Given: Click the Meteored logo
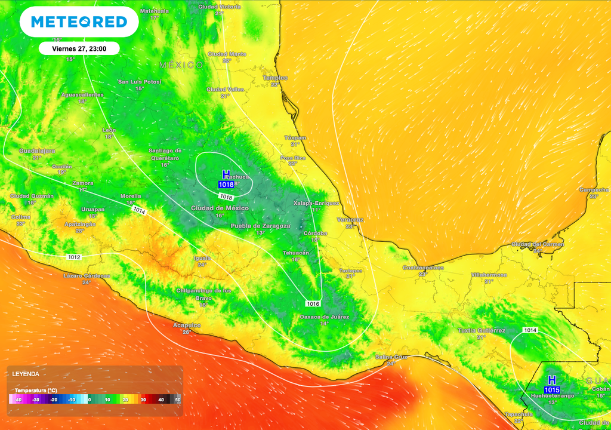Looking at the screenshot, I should (x=79, y=22).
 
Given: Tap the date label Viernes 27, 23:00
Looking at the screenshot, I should (x=79, y=48).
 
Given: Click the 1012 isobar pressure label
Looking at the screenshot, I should (x=74, y=257).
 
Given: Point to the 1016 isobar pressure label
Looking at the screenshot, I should (x=314, y=304).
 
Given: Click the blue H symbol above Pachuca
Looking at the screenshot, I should (x=226, y=174).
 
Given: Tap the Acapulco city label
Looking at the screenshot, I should (x=187, y=324).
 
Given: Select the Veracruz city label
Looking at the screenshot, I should (x=350, y=220).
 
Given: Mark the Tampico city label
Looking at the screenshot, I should (x=275, y=78).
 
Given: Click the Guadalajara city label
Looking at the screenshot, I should (x=37, y=150).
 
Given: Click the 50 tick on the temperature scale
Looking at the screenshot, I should (x=177, y=400).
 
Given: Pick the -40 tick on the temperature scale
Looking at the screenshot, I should (x=18, y=400).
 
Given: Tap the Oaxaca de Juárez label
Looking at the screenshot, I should (x=324, y=317).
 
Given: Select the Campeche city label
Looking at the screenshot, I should (x=594, y=189).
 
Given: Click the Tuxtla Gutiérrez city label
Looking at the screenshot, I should (x=481, y=330).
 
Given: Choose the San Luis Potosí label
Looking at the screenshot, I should (x=140, y=81).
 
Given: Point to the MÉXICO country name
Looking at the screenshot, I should (x=181, y=64).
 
